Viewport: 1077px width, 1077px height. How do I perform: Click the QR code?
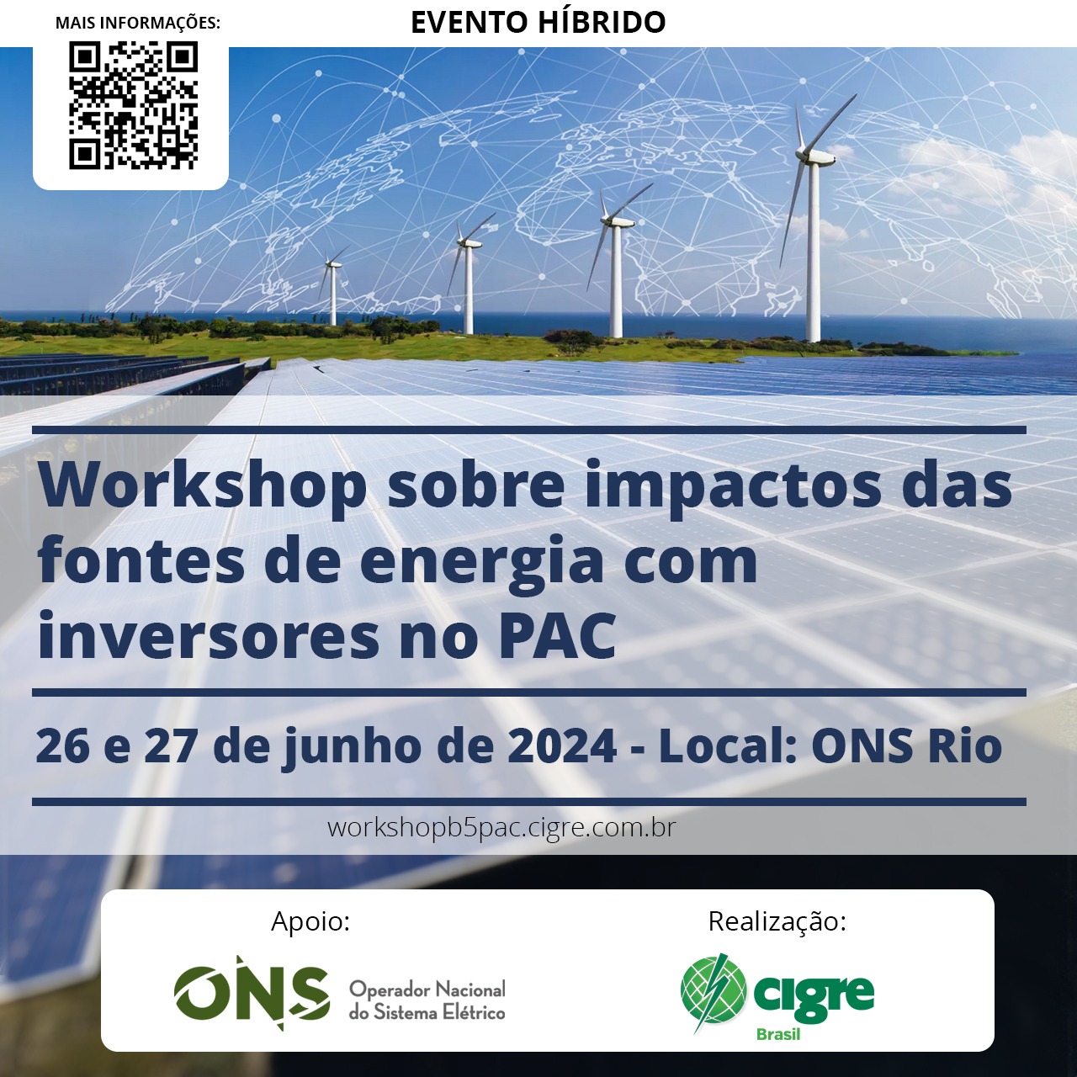(133, 106)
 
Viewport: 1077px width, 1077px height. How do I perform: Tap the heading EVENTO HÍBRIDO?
(538, 23)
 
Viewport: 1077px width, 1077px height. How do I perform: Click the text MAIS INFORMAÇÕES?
(138, 23)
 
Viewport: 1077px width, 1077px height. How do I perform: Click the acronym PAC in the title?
(557, 636)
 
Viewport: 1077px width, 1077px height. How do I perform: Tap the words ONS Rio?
(906, 745)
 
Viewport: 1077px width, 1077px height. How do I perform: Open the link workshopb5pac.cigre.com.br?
(501, 827)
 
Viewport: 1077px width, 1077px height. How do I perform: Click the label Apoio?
(310, 921)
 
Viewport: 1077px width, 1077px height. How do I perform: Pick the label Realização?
(777, 921)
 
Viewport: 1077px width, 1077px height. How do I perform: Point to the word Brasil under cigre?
(778, 1035)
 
